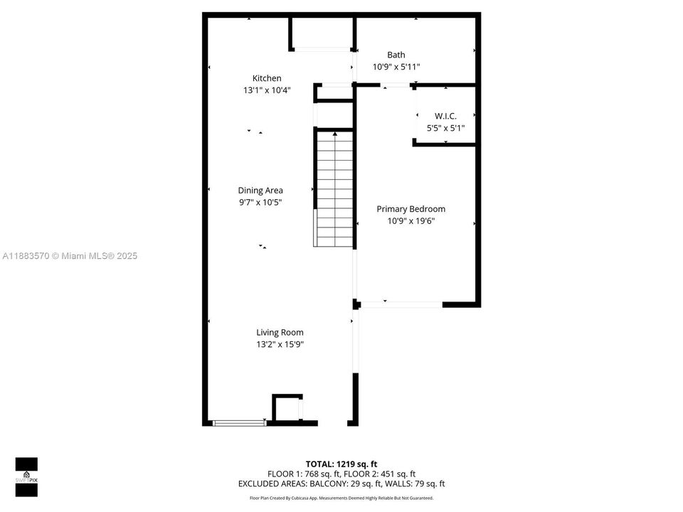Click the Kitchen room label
coord(267,78)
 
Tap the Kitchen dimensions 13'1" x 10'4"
coord(267,90)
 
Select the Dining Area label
coord(260,190)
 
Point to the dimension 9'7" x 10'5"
coord(260,202)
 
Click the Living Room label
coord(280,332)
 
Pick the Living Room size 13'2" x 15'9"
coord(280,344)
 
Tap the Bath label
coord(396,55)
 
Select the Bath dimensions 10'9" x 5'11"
coord(396,67)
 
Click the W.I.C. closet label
coord(445,116)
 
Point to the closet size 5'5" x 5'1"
coord(445,128)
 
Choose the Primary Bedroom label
coord(411,209)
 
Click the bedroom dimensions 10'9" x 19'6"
coord(411,221)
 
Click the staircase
coord(334,188)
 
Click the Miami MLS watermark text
coord(70,256)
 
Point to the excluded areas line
coord(341,484)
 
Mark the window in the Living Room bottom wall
coord(239,423)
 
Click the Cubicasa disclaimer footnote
coord(341,498)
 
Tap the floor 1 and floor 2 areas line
coord(341,474)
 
